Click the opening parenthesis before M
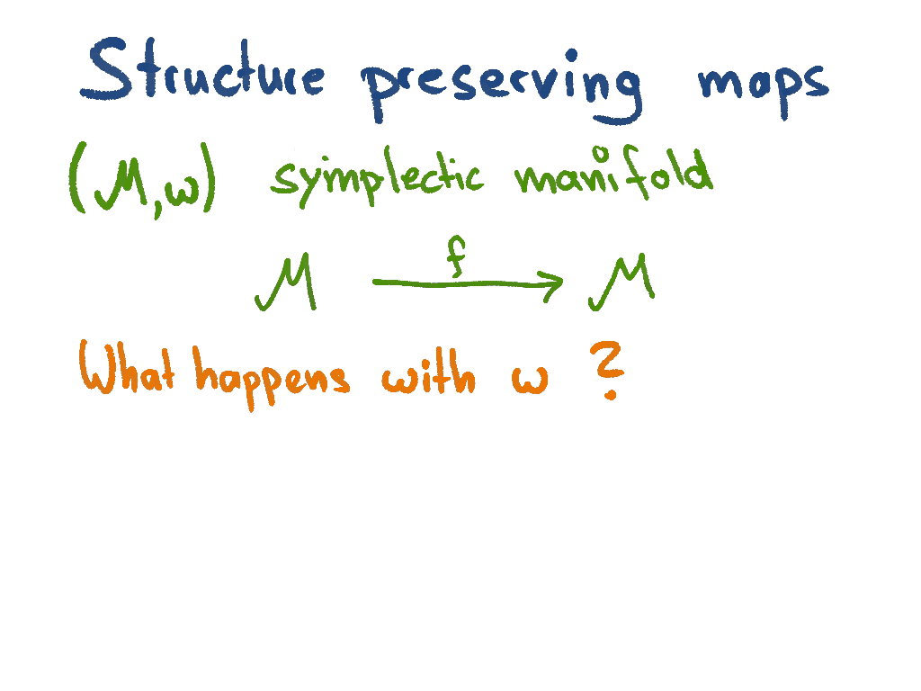coord(76,184)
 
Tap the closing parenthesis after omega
coord(210,184)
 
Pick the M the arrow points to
coord(621,283)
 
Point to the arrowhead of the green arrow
coord(552,284)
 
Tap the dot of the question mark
coord(611,394)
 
